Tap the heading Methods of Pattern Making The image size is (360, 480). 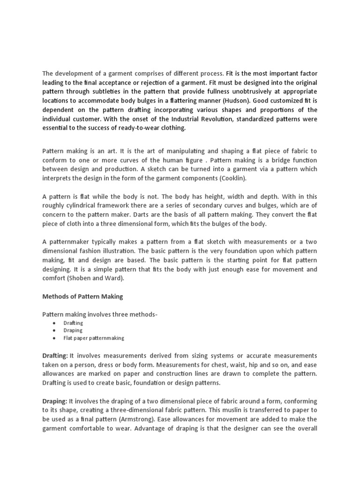click(82, 296)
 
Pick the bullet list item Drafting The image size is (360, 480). click(73, 323)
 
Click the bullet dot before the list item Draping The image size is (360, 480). click(55, 330)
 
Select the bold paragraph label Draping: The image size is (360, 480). click(55, 401)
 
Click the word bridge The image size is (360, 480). click(265, 160)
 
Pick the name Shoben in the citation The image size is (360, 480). click(82, 278)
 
